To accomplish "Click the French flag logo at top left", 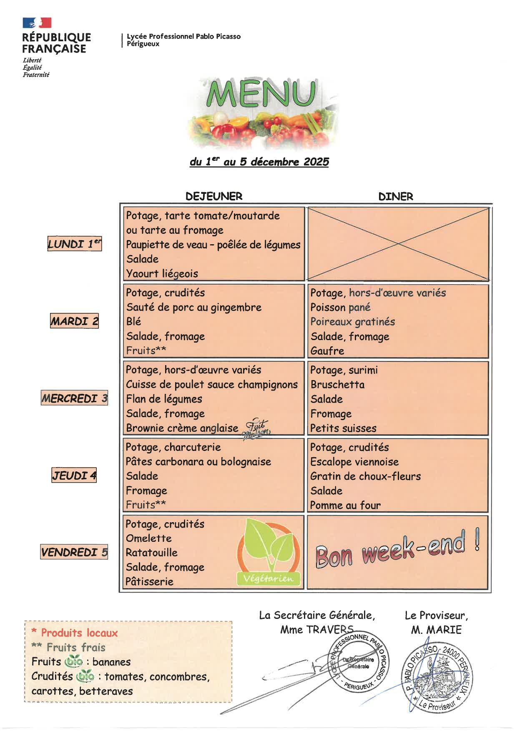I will click(37, 23).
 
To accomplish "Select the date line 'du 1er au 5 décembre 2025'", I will click(259, 162).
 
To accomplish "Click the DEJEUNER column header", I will click(213, 196).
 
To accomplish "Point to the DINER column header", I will click(395, 196).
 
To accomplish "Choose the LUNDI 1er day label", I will click(74, 244).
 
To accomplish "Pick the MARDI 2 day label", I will click(74, 321).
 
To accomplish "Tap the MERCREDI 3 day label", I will click(74, 398).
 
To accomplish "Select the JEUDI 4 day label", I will click(74, 475).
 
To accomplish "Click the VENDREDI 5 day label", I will click(74, 552).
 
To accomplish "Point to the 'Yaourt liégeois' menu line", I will click(162, 273).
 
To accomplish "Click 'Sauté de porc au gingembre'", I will click(194, 307).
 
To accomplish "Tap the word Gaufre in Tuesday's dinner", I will click(327, 351).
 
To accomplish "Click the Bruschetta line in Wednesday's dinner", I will click(337, 384).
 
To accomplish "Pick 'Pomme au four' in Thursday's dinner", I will click(345, 505).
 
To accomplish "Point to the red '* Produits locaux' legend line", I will click(75, 633).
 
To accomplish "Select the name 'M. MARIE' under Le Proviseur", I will click(436, 630).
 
